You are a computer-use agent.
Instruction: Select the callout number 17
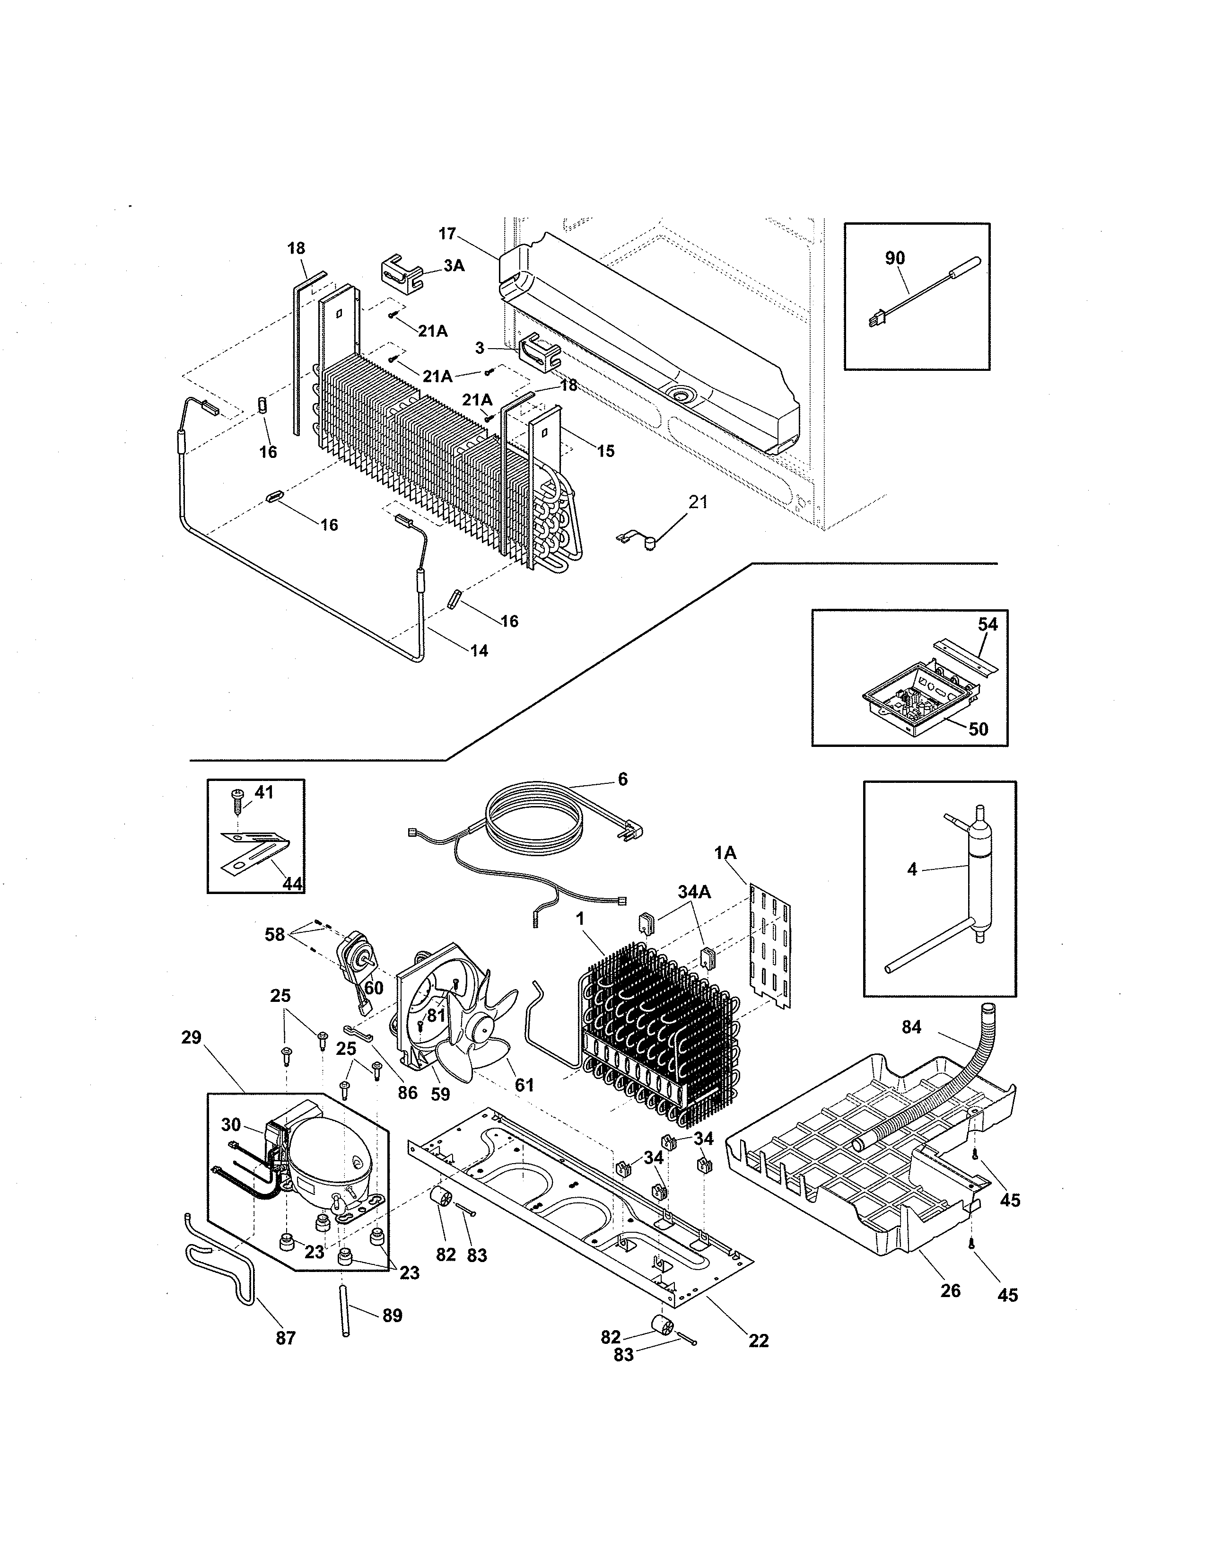(x=446, y=233)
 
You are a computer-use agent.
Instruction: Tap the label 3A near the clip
(x=454, y=266)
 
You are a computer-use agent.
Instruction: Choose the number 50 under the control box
(x=978, y=728)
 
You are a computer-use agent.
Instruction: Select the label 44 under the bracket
(x=291, y=884)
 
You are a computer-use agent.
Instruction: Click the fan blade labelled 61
(x=472, y=1051)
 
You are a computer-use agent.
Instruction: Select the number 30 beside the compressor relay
(x=231, y=1125)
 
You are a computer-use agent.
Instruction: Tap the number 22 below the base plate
(x=758, y=1341)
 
